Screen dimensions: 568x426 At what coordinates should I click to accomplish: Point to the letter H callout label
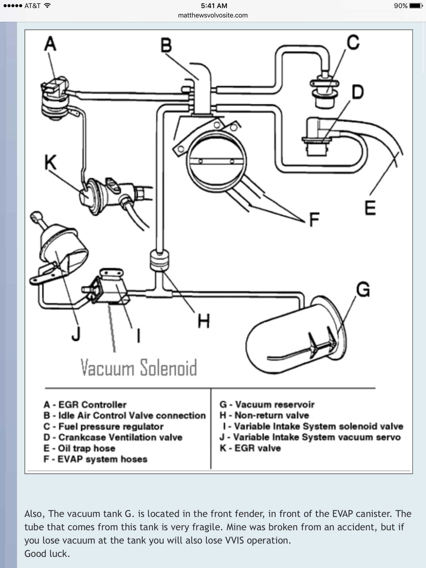click(x=204, y=321)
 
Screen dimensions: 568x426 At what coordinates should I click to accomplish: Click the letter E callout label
click(x=370, y=208)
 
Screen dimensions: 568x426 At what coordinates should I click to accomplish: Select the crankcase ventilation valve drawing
click(x=318, y=136)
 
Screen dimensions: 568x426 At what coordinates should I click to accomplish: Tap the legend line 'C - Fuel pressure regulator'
click(x=103, y=426)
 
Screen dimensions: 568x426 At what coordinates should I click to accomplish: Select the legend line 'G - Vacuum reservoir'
click(x=267, y=405)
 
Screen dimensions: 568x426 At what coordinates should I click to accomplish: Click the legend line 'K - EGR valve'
click(x=250, y=448)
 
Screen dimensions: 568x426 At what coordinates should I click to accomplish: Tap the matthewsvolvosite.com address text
click(x=213, y=15)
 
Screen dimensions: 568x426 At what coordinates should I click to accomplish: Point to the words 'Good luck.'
click(x=47, y=554)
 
